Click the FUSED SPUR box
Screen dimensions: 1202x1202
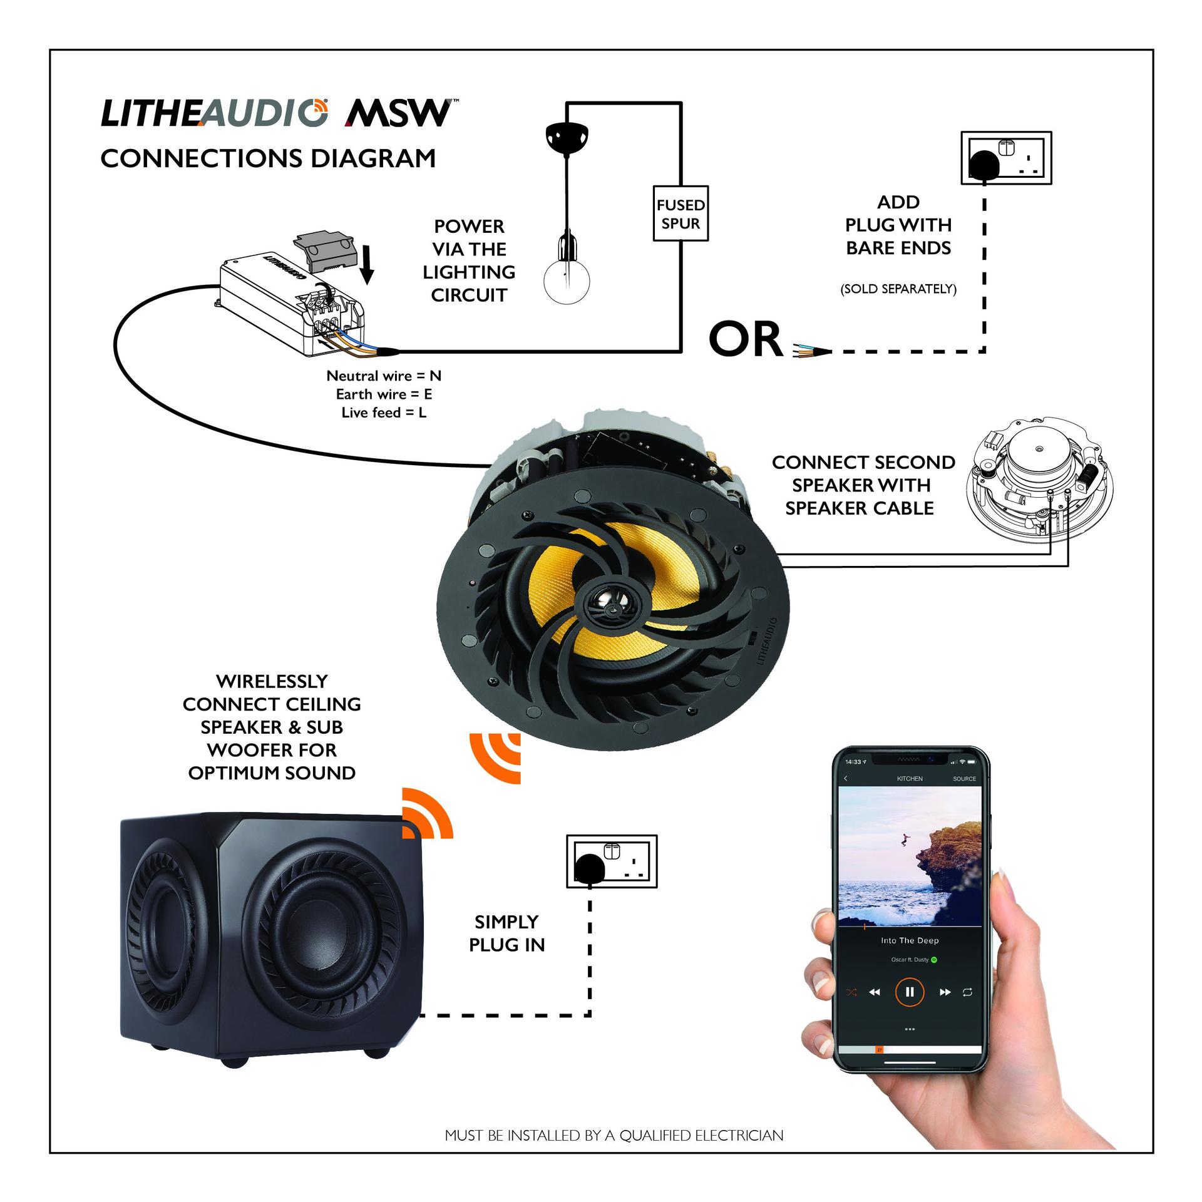(681, 213)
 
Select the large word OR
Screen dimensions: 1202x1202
(746, 340)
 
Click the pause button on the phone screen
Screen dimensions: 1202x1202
(909, 992)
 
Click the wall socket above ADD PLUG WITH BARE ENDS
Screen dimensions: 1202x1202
(1006, 158)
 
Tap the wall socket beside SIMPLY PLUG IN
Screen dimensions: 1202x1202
(612, 861)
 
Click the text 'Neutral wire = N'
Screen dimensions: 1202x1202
(384, 376)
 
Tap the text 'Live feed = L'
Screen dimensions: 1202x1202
(384, 413)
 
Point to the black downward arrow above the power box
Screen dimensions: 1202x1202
(367, 264)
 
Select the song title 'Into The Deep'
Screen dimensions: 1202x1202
(910, 940)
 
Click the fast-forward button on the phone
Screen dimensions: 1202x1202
(945, 992)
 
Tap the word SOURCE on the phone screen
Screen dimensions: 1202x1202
(964, 779)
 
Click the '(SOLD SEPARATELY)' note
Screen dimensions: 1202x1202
(898, 289)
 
